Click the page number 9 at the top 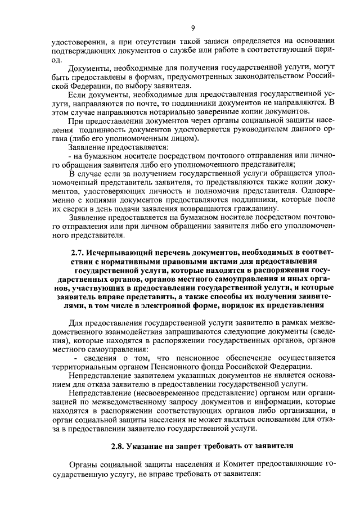click(193, 28)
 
